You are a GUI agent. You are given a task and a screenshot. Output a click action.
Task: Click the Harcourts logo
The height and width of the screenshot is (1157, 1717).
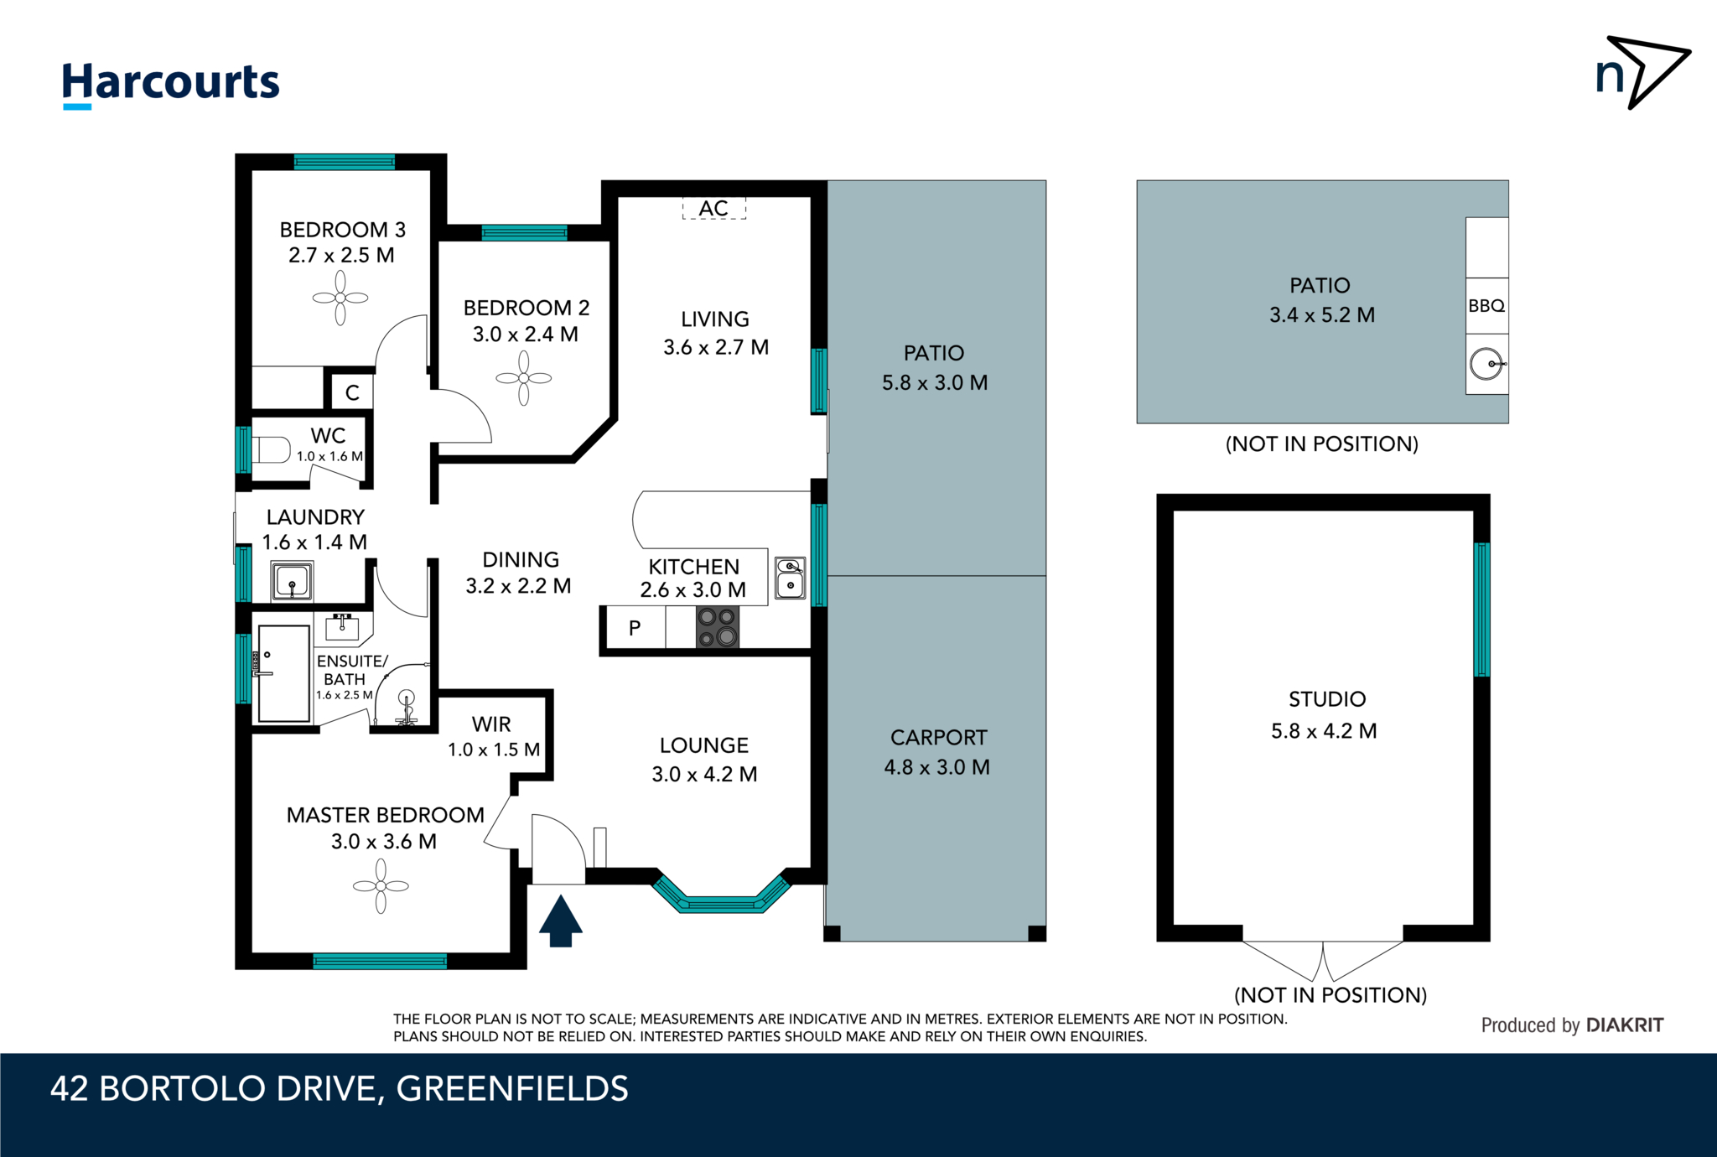(x=171, y=84)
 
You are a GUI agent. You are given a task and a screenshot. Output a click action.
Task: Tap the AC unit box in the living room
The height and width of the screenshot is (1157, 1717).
(x=713, y=208)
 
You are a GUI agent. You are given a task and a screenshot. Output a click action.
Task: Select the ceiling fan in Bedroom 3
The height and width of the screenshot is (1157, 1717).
(x=340, y=298)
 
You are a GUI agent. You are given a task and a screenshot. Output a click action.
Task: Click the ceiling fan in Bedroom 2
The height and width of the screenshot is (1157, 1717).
(x=524, y=378)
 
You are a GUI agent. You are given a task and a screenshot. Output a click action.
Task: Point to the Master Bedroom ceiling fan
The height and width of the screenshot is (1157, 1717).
(x=381, y=885)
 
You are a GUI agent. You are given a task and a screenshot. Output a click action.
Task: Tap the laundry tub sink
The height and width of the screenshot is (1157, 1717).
(x=292, y=580)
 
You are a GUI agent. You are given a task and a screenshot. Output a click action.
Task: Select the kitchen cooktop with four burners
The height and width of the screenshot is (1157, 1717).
(x=718, y=628)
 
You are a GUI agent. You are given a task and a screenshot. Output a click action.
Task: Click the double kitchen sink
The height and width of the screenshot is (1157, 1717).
(x=790, y=578)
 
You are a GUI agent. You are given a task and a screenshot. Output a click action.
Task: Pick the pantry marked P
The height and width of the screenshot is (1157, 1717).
(x=635, y=628)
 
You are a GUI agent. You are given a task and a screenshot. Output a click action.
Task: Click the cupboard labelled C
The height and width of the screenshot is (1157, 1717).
(x=352, y=392)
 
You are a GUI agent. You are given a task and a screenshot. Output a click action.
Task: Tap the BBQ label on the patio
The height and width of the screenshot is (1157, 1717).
(x=1486, y=306)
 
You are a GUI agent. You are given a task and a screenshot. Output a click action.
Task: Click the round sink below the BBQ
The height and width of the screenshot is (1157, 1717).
(x=1486, y=364)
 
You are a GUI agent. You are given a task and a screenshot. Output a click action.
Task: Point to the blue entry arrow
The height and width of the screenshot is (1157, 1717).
(x=560, y=921)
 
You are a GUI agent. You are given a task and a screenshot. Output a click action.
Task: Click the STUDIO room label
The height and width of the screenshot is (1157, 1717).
(x=1327, y=699)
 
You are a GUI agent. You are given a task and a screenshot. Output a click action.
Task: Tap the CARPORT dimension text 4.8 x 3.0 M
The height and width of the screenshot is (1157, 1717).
(x=936, y=767)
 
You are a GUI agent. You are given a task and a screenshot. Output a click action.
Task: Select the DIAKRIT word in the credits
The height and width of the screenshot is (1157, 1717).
(x=1624, y=1025)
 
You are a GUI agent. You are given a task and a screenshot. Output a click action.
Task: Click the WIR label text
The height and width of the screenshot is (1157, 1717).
(x=491, y=724)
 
